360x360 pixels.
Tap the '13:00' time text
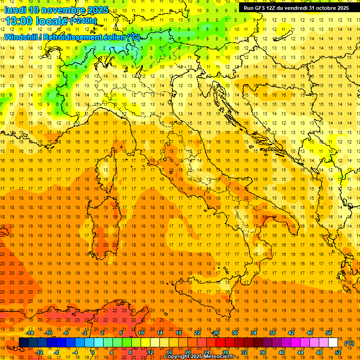pos(20,20)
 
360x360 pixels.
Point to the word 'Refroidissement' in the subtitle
pos(84,37)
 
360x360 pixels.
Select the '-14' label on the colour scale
pos(30,333)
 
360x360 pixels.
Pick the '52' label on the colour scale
pos(338,352)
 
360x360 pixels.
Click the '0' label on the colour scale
pos(93,352)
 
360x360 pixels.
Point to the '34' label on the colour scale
pos(254,333)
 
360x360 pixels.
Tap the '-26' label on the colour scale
pos(215,333)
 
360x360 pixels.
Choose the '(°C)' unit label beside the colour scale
pos(349,343)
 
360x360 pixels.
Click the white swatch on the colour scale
pos(333,342)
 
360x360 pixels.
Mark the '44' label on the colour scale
pos(300,352)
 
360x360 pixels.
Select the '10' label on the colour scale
pos(141,333)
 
